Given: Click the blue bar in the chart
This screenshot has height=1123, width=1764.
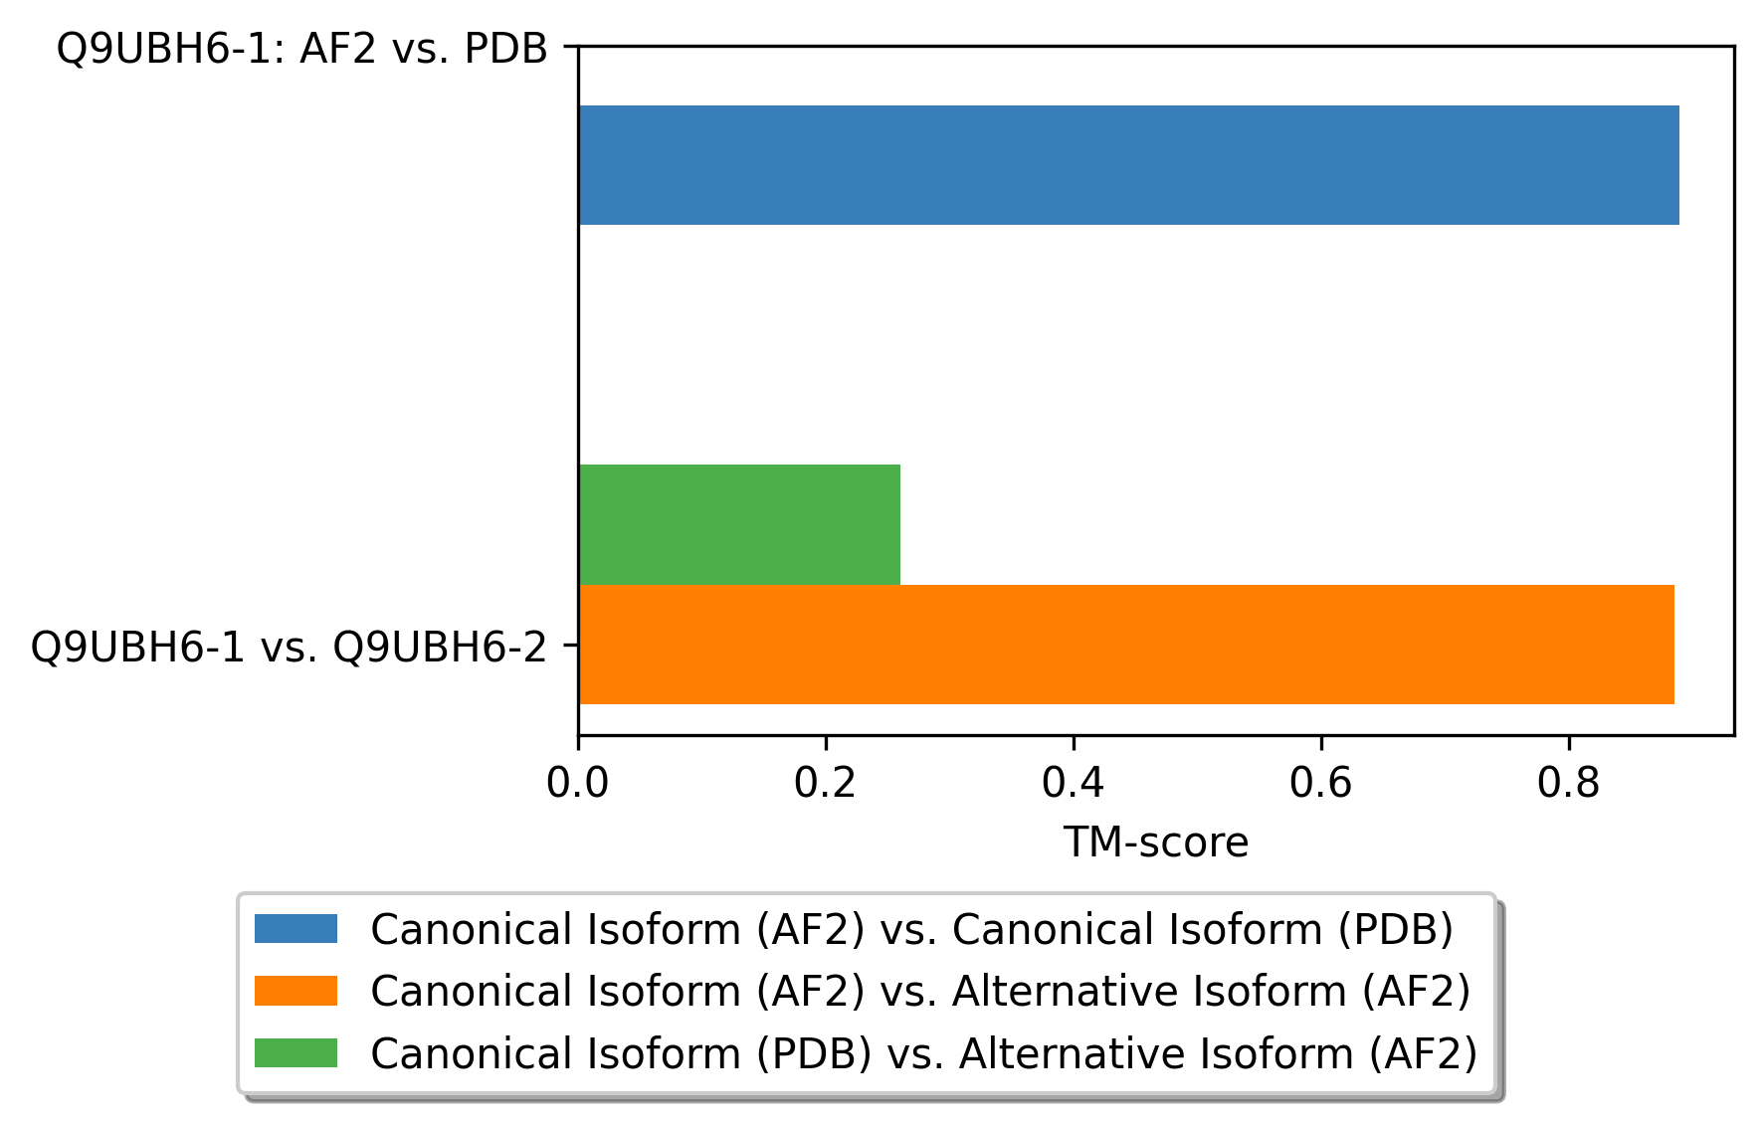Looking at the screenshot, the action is click(x=1128, y=165).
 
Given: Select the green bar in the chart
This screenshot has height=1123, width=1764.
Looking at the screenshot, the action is click(x=739, y=524).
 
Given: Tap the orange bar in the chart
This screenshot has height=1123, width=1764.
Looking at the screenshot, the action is click(x=1126, y=645).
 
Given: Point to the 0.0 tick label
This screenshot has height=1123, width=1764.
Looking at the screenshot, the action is click(x=577, y=784).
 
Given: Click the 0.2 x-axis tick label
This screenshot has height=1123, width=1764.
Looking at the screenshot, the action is click(x=825, y=784).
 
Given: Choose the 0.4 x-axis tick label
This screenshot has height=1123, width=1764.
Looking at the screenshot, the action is click(x=1073, y=784).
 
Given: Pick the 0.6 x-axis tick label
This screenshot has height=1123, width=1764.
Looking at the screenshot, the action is click(x=1320, y=784).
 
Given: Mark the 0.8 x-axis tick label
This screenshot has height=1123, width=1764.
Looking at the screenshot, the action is click(x=1568, y=784).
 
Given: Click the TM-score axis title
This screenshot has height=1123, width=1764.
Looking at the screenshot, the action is click(x=1156, y=842).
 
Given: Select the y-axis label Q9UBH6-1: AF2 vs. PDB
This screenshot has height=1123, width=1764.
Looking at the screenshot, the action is click(x=302, y=48).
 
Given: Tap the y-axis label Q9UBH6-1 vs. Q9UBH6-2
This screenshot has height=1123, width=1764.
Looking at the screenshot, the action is click(x=290, y=648).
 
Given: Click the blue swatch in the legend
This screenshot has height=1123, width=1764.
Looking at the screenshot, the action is click(x=295, y=929).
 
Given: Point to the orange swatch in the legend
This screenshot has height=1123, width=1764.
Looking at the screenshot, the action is click(x=295, y=991).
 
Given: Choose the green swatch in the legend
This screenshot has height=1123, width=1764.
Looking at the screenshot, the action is click(x=295, y=1052).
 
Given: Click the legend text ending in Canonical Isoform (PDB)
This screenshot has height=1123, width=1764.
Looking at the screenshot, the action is click(x=912, y=929).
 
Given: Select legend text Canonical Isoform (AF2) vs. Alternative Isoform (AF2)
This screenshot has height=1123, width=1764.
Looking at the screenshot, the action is click(x=920, y=991).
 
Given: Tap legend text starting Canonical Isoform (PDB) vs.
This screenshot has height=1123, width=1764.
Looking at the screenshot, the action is click(x=924, y=1052).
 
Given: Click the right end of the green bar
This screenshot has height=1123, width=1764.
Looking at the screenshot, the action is click(x=900, y=524).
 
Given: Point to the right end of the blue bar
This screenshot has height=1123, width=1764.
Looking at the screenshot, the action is click(x=1679, y=165).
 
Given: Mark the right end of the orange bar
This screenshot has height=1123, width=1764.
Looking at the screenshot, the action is click(x=1674, y=645).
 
